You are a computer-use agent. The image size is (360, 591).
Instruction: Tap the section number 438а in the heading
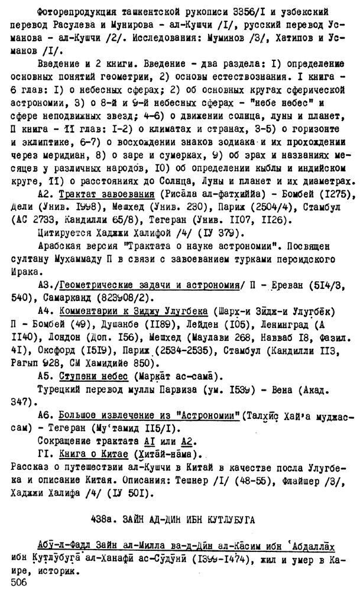tap(103, 521)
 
